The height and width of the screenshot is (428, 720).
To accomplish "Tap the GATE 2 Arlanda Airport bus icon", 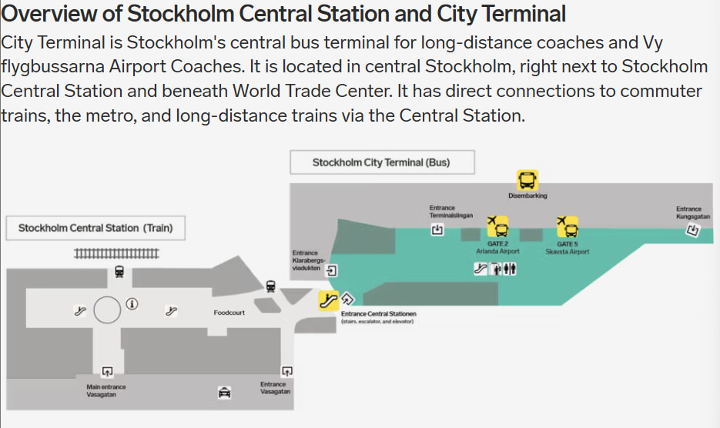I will point(497,227).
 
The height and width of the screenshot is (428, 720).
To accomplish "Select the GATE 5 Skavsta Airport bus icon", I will point(568,227).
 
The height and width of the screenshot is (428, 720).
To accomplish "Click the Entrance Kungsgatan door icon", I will point(692,229).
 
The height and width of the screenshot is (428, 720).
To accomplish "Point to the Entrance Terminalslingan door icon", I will point(437,229).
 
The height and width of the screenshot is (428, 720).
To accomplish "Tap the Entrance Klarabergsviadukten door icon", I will point(332,270).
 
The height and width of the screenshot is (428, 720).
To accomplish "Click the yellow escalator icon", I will point(329,300).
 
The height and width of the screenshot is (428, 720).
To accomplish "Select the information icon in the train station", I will point(132,303).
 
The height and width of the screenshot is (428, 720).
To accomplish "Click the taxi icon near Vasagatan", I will point(224,392).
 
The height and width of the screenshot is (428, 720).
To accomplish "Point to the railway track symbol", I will point(116,252).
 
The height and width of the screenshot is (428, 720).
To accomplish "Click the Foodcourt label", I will point(229,313).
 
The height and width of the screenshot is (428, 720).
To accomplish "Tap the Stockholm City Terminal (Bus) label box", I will point(381,162).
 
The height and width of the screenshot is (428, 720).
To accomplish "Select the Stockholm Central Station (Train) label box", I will point(95,228).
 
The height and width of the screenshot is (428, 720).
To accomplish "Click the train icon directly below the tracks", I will point(119,271).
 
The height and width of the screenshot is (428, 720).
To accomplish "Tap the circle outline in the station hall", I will point(106,310).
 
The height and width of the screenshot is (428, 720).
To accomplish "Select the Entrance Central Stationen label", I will point(378,314).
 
